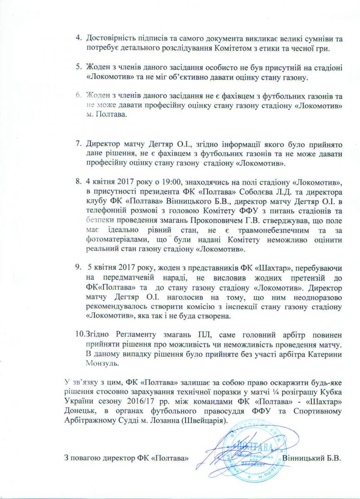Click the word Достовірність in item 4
tap(111, 39)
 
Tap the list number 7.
tap(79, 145)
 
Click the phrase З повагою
tap(79, 459)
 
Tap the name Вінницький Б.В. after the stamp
tap(311, 459)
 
